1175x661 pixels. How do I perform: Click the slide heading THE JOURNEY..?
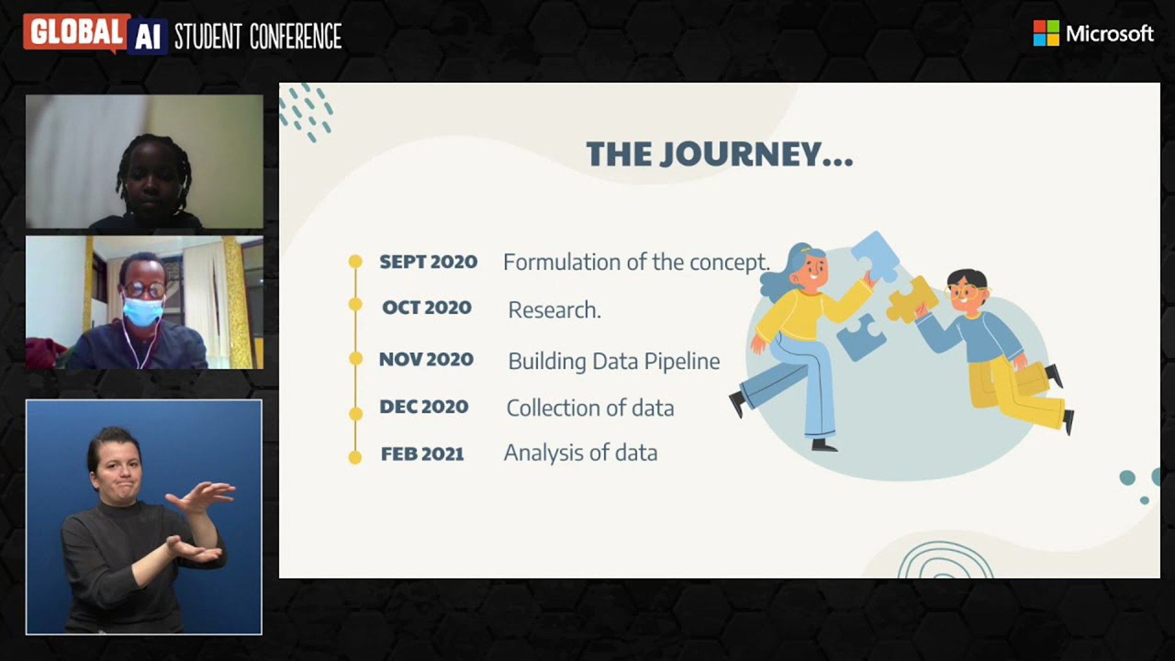tap(720, 154)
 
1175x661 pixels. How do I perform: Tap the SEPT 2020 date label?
tap(428, 261)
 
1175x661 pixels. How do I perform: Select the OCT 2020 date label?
tap(427, 307)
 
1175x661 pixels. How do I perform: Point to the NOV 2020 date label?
tap(427, 359)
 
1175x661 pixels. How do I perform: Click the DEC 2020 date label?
tap(424, 406)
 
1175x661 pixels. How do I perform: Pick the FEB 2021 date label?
tap(422, 454)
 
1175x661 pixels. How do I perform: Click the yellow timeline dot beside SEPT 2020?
tap(355, 261)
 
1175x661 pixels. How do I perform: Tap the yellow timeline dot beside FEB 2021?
tap(355, 457)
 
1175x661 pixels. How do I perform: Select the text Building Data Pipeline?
tap(614, 361)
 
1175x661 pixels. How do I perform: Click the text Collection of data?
tap(590, 408)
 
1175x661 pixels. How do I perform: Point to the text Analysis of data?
tap(581, 453)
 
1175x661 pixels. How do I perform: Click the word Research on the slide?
tap(554, 310)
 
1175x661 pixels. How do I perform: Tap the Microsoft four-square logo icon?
tap(1046, 33)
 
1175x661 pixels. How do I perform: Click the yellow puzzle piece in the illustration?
tap(911, 299)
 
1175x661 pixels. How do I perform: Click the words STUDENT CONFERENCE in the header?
tap(258, 36)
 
